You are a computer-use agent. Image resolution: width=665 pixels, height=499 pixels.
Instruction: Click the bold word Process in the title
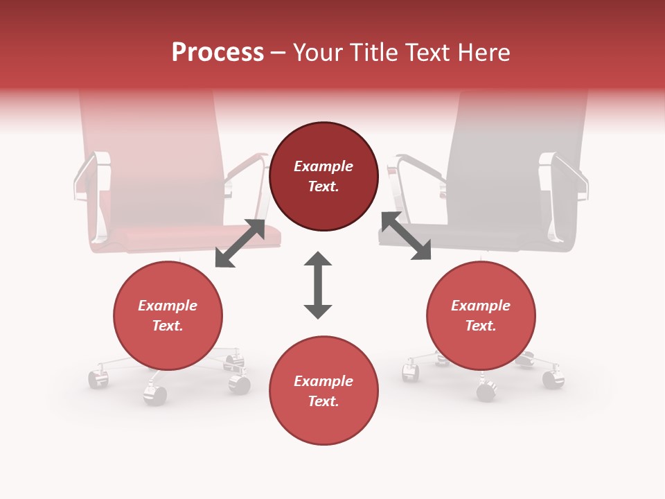218,52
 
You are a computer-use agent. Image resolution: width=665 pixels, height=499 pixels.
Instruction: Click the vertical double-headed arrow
318,285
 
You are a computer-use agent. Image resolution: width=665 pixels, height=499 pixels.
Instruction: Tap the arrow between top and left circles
240,243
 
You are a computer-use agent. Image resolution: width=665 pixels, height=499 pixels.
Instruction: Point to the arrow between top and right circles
406,236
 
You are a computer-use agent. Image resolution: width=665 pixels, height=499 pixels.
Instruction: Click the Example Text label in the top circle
323,176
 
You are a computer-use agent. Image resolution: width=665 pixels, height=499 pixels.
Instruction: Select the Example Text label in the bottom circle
323,391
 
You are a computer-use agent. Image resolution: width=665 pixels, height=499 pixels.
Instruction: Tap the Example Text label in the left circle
168,315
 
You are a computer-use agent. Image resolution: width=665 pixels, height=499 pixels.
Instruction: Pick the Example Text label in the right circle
481,315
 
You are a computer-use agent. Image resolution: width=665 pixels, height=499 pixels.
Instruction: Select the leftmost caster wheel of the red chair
98,378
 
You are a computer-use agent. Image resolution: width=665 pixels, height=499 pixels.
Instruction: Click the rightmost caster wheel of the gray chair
553,379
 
